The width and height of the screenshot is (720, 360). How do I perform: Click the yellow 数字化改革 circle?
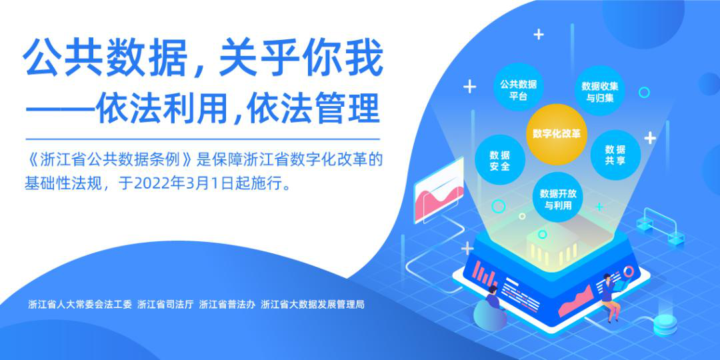point(557,134)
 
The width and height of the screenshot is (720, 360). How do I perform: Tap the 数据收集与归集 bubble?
point(599,91)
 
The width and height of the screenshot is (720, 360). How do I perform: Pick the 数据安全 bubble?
point(500,160)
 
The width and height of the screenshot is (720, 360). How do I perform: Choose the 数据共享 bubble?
point(615,155)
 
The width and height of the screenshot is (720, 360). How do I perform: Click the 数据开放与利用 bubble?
point(558,199)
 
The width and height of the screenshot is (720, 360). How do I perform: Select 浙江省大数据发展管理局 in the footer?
point(312,304)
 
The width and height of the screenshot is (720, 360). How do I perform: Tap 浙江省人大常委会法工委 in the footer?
point(80,304)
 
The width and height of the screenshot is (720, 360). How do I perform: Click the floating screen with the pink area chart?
point(439,191)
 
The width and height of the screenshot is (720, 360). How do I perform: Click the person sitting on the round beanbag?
point(492,306)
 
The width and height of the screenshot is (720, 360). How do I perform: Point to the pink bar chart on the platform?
point(486,274)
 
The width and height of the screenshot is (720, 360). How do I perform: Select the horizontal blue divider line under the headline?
point(203,139)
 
